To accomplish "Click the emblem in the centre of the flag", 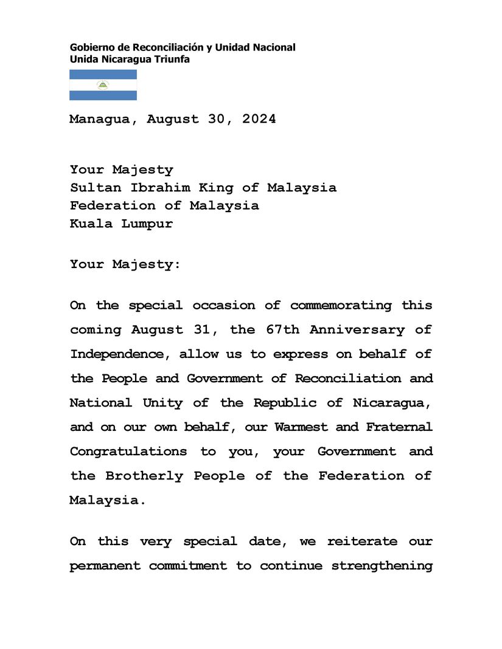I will tap(103, 85).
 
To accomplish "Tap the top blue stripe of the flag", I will tap(103, 74).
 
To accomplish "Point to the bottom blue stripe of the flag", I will tap(103, 95).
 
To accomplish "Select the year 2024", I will tap(259, 119).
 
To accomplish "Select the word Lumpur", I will tap(147, 224).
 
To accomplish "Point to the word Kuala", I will tap(91, 224).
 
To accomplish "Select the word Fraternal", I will tap(399, 427).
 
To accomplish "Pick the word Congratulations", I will tap(128, 452).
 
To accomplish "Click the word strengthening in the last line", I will tap(382, 566).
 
